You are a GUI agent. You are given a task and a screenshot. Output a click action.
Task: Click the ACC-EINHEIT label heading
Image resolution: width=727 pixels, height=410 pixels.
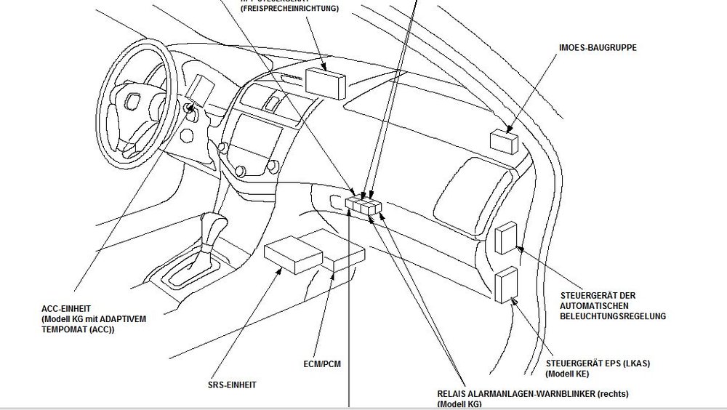coord(67,308)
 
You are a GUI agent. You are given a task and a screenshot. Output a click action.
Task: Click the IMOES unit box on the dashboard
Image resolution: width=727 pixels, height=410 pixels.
coord(504,140)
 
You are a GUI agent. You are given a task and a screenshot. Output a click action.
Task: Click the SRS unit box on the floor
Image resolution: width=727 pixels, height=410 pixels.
coord(293,254)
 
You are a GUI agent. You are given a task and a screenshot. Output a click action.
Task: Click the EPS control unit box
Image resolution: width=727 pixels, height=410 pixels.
coord(505,285)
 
